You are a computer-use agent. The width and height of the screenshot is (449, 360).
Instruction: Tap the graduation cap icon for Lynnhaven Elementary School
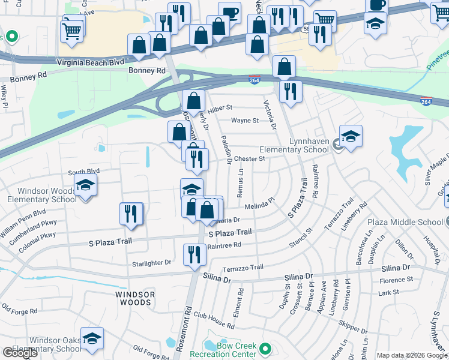[x=351, y=137]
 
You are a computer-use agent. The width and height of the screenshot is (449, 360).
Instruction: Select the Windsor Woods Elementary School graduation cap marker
[x=86, y=185]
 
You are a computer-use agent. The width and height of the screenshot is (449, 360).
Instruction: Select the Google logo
[x=20, y=353]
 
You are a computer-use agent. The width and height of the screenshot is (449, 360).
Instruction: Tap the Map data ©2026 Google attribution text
[x=411, y=355]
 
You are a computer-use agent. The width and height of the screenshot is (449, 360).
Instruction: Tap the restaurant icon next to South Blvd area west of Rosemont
[x=131, y=214]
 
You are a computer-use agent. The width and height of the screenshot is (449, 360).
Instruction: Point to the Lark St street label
[x=388, y=293]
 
